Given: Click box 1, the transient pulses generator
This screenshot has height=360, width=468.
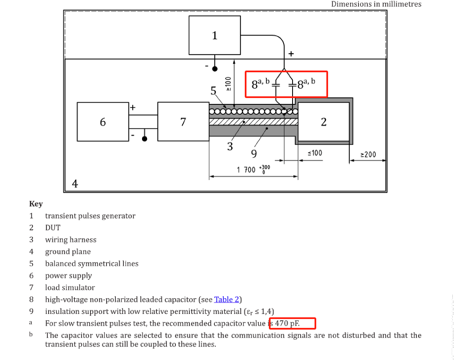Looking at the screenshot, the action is coord(215,35).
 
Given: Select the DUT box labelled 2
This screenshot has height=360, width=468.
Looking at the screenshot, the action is coord(324,122).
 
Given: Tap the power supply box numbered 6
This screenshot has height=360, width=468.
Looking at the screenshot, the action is coord(103,122).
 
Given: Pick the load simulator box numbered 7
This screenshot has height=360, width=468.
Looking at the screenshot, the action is coord(183,122).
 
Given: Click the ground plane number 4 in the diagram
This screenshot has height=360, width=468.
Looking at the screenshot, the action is coord(75,184).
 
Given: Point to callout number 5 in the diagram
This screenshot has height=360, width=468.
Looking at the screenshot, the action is coord(213,91).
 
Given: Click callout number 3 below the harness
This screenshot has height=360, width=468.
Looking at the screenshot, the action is coord(230,147).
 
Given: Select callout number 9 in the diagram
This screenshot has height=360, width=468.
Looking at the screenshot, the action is coord(254,154).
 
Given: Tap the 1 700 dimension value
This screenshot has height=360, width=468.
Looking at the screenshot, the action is coord(246,170).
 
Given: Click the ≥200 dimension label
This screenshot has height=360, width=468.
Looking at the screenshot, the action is coord(368,155).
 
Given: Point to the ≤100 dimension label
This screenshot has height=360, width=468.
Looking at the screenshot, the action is coord(315,153).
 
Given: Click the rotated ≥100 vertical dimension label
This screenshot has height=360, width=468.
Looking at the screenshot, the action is coord(228,84).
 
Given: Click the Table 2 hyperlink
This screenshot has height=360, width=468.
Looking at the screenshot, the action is coord(227,300).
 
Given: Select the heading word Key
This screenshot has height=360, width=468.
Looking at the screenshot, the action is coord(36,204).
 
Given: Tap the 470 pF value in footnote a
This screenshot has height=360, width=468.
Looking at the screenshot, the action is coord(287,323).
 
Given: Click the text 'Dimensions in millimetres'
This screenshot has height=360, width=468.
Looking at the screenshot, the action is coord(376,4).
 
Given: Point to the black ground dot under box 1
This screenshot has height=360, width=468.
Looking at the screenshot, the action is coord(215,69).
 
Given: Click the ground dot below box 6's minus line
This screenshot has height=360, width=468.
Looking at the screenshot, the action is coord(145,139).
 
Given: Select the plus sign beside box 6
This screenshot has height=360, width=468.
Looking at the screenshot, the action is coord(133,107).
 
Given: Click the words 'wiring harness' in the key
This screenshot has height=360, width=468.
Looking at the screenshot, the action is coord(71,240).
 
